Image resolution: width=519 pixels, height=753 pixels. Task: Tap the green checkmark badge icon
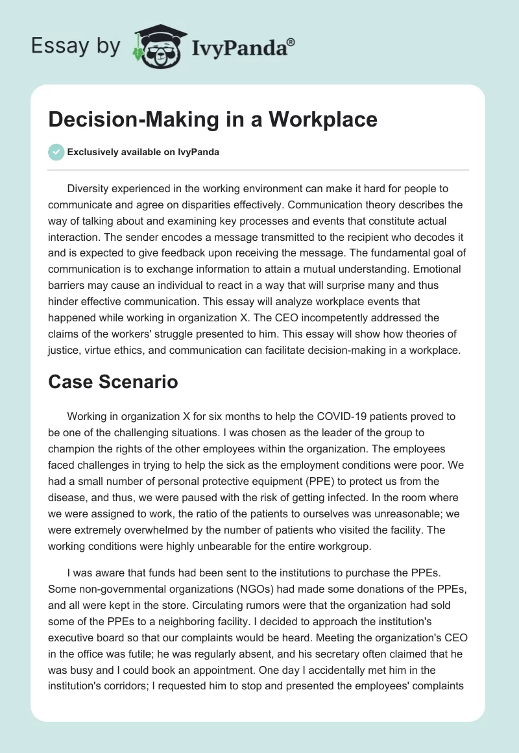coord(56,152)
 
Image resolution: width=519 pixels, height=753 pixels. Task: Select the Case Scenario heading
coord(113,382)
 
